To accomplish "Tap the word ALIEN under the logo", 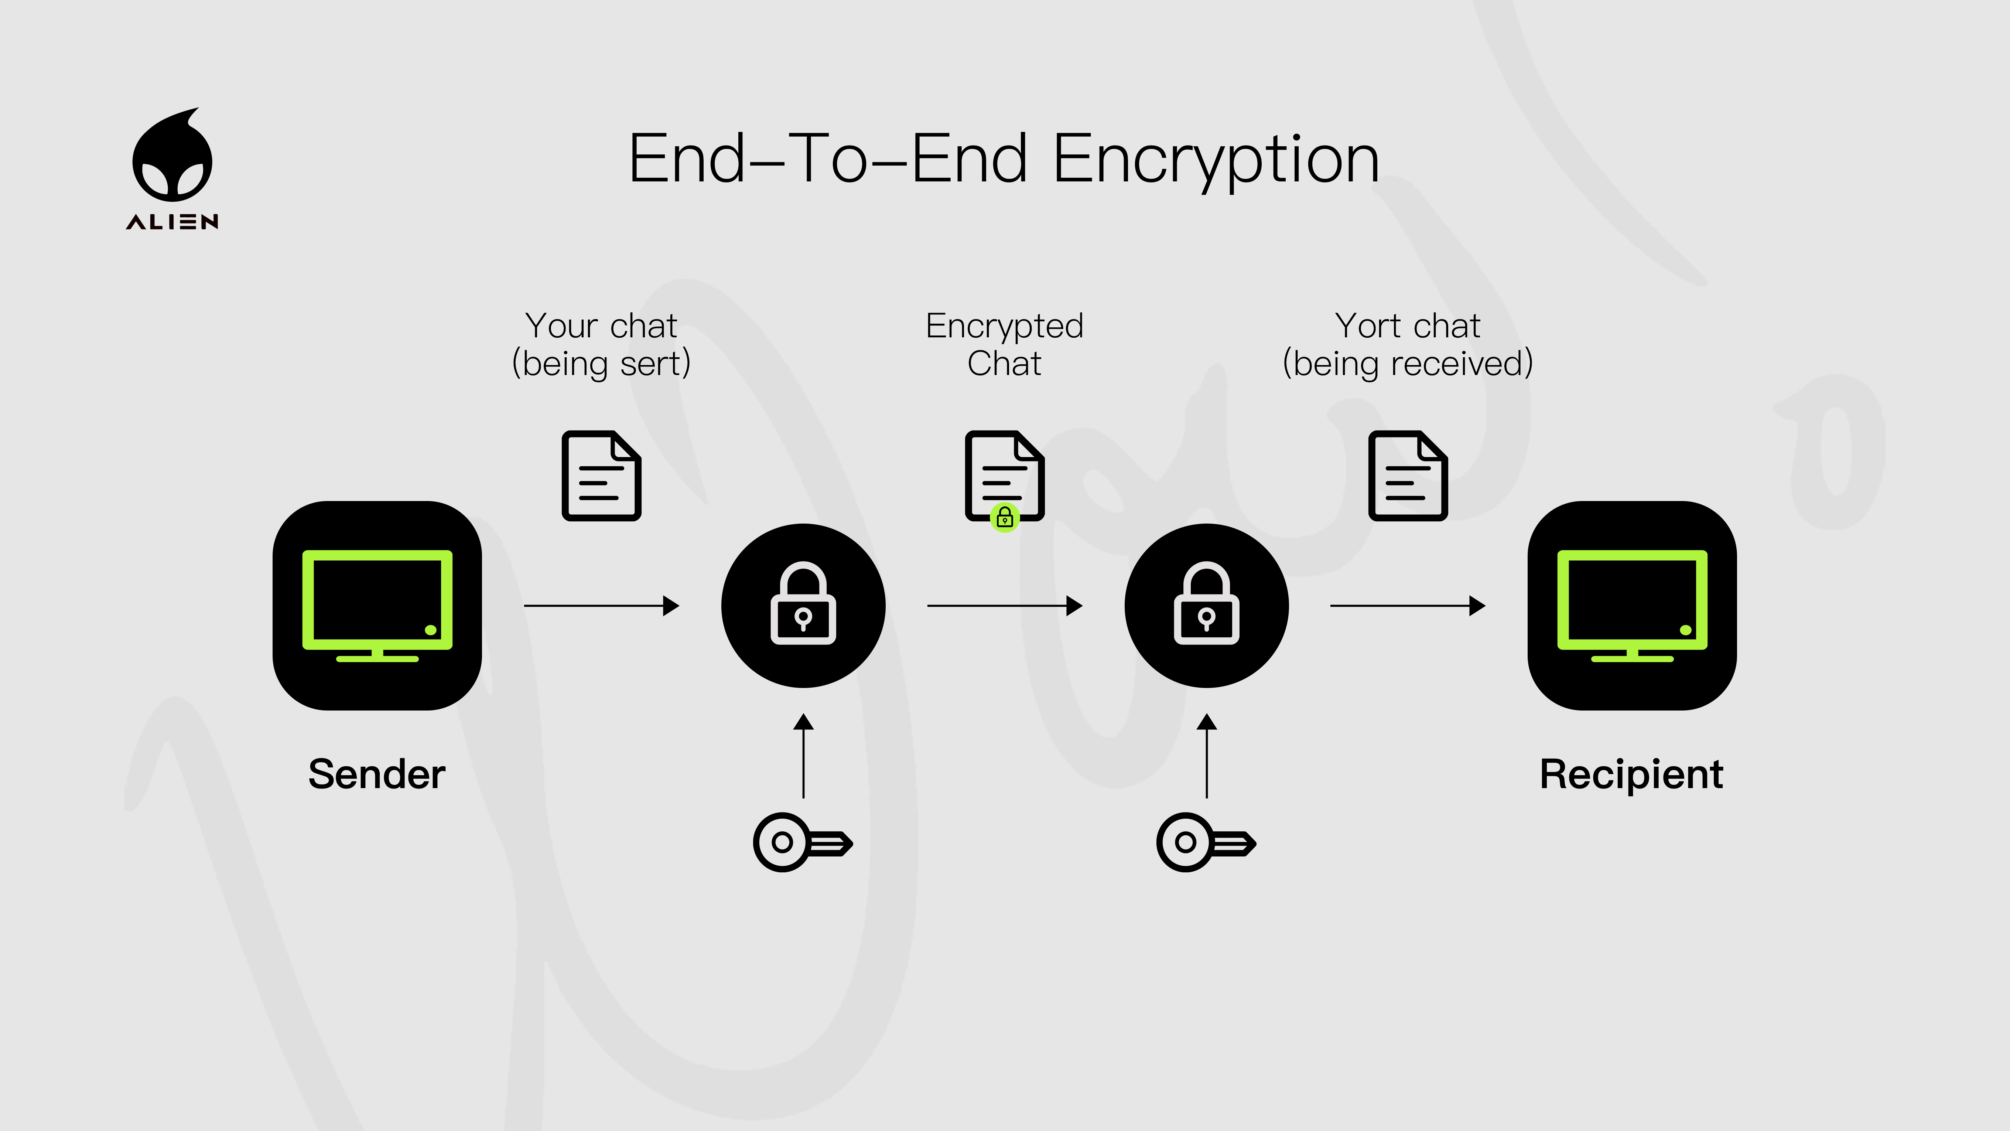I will click(x=172, y=222).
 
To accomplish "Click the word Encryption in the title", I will click(x=1216, y=160).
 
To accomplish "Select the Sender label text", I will click(x=377, y=774).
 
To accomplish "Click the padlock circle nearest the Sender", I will click(x=803, y=606).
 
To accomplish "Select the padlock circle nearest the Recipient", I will click(x=1206, y=606).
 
